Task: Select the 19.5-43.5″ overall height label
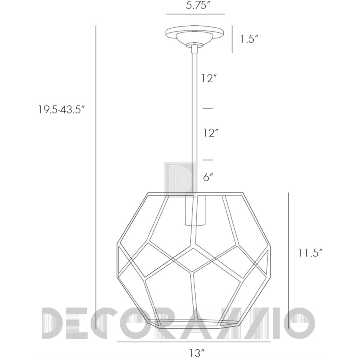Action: (x=62, y=110)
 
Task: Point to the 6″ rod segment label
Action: (x=208, y=177)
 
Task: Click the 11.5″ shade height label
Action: (x=310, y=253)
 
